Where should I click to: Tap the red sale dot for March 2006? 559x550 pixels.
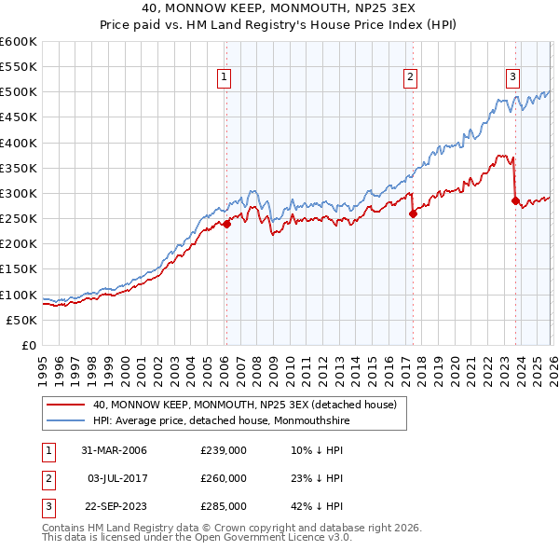coord(225,224)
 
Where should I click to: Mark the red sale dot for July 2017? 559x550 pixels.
coord(412,213)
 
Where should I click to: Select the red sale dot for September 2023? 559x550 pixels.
coord(514,200)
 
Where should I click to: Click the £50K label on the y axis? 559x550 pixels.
coord(21,320)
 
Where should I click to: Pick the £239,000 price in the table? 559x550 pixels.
coord(224,450)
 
